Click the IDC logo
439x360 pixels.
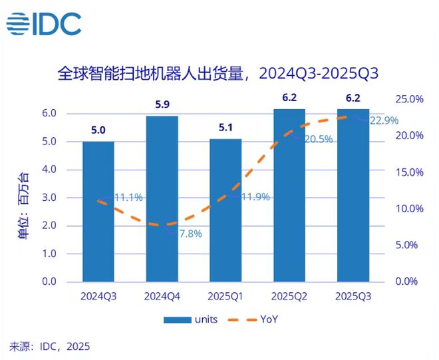coord(44,25)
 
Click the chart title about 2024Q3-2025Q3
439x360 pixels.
coord(219,73)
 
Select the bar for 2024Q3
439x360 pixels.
coord(98,212)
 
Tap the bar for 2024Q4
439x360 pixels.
coord(162,199)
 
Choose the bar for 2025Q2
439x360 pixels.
coord(289,195)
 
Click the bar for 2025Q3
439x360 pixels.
coord(353,195)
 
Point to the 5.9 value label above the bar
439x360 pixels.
coord(162,104)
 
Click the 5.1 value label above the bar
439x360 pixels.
coord(225,127)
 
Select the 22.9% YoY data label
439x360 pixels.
coord(384,120)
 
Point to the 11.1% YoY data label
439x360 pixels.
coord(128,198)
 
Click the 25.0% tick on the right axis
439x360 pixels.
coord(409,99)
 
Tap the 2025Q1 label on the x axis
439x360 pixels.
coord(225,295)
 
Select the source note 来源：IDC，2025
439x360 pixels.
coord(49,346)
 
